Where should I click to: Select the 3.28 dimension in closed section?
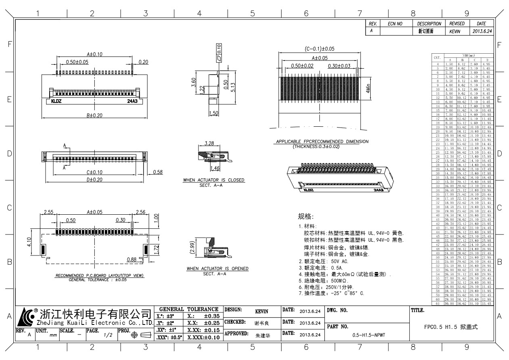[x=209, y=143]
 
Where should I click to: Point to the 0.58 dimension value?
[x=158, y=172]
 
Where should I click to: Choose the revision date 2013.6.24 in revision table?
[x=481, y=31]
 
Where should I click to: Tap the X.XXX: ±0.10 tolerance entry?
[x=203, y=337]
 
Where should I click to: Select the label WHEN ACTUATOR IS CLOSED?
[x=214, y=180]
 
